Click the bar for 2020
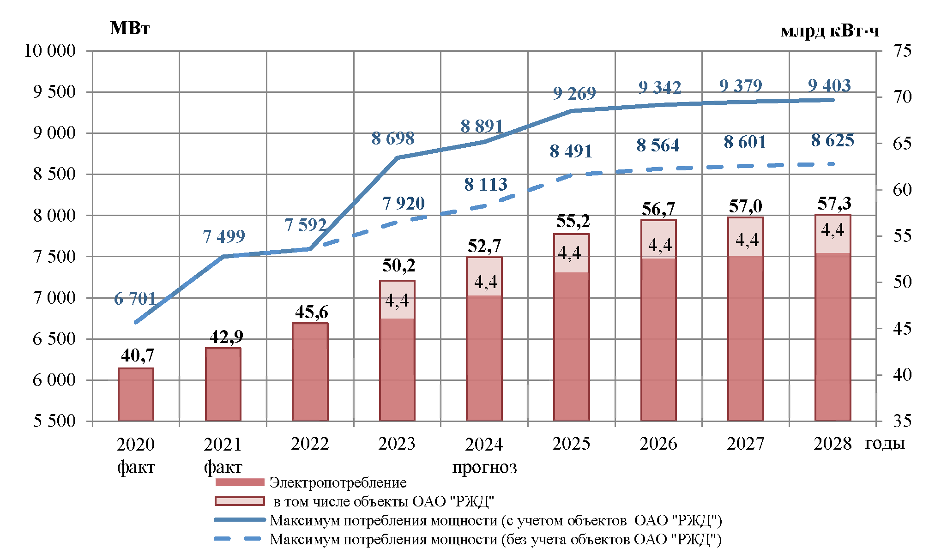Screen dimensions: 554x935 (136, 394)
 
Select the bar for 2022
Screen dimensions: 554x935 (310, 372)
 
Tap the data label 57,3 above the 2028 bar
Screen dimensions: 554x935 (834, 204)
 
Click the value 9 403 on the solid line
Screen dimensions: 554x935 (829, 86)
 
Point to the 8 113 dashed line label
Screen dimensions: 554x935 (486, 185)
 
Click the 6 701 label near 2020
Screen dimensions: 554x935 (135, 299)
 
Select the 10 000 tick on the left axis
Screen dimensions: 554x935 (50, 51)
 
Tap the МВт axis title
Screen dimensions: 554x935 (130, 29)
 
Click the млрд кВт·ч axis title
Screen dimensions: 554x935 (830, 31)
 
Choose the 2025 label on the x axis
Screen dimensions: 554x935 (571, 444)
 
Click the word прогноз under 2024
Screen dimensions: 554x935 (484, 467)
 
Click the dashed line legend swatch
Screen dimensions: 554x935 (239, 539)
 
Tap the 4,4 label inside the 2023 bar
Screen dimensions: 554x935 (397, 301)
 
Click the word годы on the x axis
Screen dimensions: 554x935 (885, 443)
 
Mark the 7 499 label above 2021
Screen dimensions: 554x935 (224, 237)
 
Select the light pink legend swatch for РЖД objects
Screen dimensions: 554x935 (239, 501)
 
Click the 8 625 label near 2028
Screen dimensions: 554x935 (832, 141)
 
